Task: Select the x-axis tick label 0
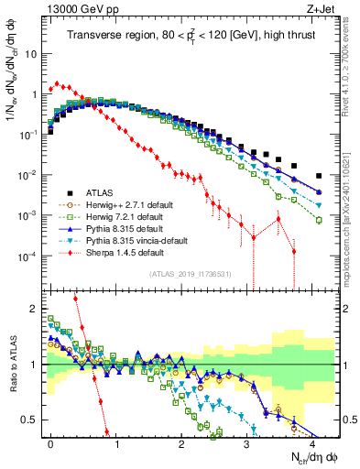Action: pos(51,442)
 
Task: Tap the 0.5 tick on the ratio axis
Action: pos(34,420)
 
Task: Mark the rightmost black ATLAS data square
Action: pos(319,176)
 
